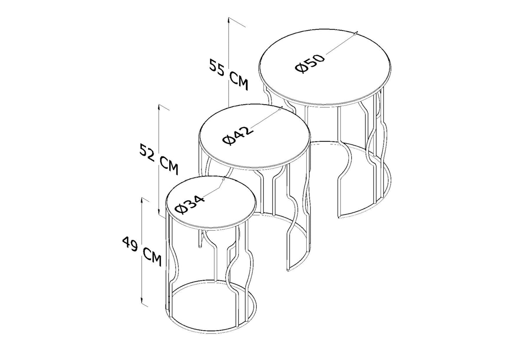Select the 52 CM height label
[159, 159]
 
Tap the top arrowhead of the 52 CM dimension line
[159, 107]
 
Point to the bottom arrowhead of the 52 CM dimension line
[159, 211]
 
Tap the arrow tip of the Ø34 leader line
[224, 179]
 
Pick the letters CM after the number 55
[239, 82]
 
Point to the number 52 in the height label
[147, 152]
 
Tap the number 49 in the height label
[130, 244]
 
